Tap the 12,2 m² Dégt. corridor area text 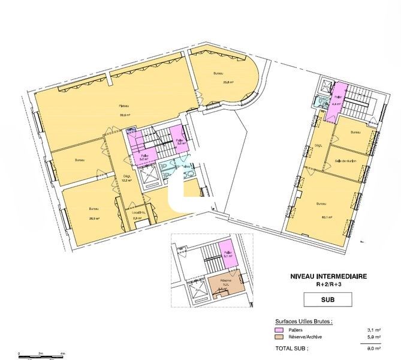pyautogui.click(x=126, y=179)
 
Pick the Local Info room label pyautogui.click(x=138, y=213)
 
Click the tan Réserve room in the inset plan pyautogui.click(x=225, y=285)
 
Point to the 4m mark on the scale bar pyautogui.click(x=63, y=353)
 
